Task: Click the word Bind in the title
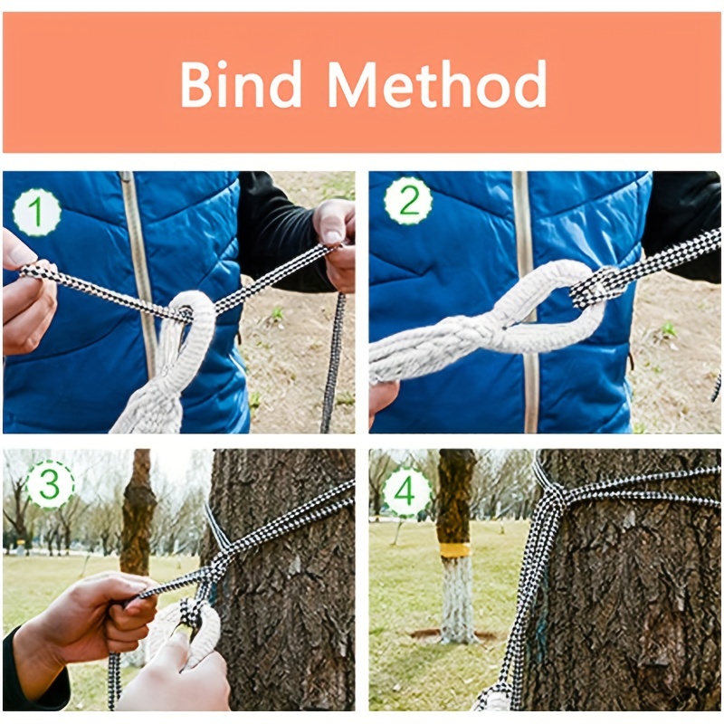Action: point(241,84)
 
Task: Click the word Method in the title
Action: point(437,84)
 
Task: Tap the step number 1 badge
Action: point(36,213)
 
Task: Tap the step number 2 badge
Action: point(408,201)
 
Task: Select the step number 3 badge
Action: point(50,483)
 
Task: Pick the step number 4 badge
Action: point(405,491)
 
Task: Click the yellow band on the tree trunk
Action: point(455,550)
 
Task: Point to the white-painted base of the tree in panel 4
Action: point(457,599)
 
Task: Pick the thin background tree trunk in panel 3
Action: point(138,522)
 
